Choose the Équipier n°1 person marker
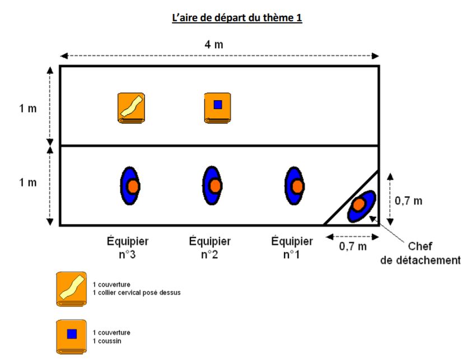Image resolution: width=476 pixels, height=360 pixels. [295, 186]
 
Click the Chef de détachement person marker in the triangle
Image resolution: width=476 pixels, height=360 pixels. [360, 205]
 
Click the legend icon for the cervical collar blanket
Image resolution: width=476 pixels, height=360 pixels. [71, 289]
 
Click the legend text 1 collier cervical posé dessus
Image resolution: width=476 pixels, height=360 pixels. [137, 292]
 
